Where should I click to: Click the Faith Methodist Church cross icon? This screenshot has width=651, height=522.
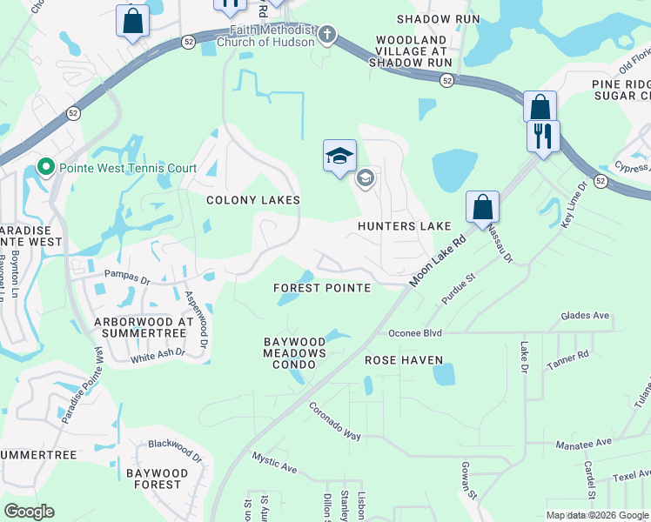[x=327, y=35]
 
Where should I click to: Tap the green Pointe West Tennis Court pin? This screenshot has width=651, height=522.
[x=45, y=167]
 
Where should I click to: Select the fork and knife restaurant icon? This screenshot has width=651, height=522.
[x=543, y=136]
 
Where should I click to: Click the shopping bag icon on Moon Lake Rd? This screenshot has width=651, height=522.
[x=482, y=208]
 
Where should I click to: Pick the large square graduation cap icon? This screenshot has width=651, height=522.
[x=339, y=156]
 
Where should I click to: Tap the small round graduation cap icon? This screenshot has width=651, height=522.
[x=366, y=179]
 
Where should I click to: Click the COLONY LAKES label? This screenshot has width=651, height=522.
[x=252, y=200]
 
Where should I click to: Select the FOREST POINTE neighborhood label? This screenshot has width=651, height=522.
[x=321, y=288]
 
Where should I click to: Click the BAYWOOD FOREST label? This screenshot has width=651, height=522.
[x=157, y=478]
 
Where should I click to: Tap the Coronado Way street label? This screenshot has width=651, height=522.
[x=334, y=421]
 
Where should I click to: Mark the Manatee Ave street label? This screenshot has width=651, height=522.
[x=584, y=443]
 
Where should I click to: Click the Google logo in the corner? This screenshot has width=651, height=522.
[x=29, y=512]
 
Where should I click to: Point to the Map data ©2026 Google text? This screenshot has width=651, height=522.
[x=596, y=515]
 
